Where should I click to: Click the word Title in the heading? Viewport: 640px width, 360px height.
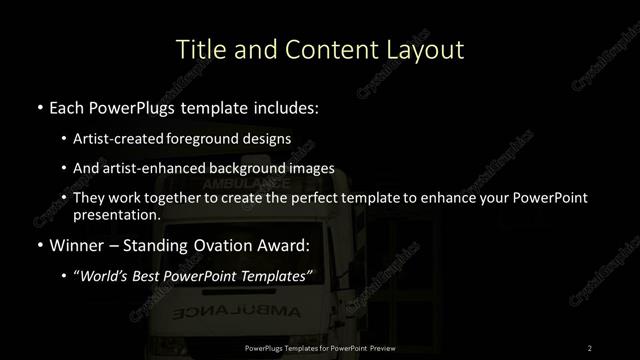tap(198, 49)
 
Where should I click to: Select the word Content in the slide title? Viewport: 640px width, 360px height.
tap(323, 49)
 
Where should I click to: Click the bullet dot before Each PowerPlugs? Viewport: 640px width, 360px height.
tap(38, 106)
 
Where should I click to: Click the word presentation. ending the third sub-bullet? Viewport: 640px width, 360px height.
tap(116, 214)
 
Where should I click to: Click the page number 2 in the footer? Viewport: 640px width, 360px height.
tap(589, 348)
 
